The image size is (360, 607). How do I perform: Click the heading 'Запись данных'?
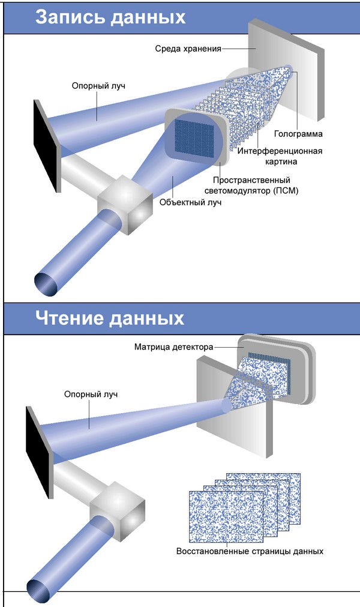pos(110,16)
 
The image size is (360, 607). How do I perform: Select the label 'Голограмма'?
pos(298,133)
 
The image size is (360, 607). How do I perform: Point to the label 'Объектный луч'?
pos(190,202)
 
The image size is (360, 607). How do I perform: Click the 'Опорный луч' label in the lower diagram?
pos(90,394)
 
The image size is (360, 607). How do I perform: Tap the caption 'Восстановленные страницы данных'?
pos(250,551)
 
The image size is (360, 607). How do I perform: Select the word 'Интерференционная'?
pos(280,151)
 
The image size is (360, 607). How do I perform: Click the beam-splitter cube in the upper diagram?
pos(124,204)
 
